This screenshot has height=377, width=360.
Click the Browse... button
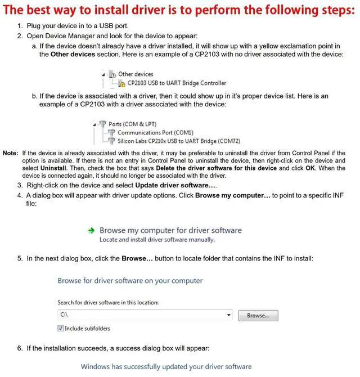click(258, 316)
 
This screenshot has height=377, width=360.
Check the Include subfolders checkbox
click(61, 328)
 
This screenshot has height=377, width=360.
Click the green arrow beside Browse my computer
click(91, 230)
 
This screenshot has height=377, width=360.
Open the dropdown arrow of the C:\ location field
click(229, 316)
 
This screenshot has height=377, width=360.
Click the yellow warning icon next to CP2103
click(122, 83)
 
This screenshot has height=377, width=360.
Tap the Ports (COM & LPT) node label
click(133, 124)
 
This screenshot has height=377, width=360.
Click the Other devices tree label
click(136, 74)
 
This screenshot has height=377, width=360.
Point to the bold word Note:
click(11, 153)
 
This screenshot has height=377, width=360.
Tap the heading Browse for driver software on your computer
click(130, 280)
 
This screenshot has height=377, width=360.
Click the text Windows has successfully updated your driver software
click(166, 366)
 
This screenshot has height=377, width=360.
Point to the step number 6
click(20, 348)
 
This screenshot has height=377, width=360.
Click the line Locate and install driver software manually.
click(157, 240)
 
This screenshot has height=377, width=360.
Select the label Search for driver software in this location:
click(108, 303)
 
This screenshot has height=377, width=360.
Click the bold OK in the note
click(310, 168)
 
